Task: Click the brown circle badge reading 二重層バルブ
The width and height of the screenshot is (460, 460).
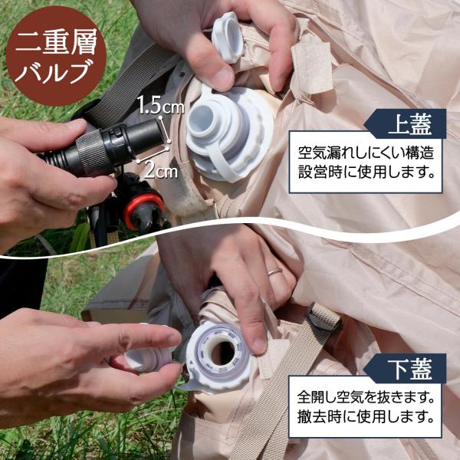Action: click(x=56, y=55)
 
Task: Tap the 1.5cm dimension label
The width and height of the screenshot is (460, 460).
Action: click(x=160, y=105)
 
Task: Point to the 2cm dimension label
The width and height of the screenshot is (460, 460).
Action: click(x=161, y=170)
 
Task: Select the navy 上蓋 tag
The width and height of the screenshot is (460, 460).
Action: click(x=406, y=123)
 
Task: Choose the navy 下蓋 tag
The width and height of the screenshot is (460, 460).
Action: click(x=406, y=369)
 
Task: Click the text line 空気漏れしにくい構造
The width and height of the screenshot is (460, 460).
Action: click(x=366, y=153)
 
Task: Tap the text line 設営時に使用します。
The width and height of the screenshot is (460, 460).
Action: click(x=366, y=172)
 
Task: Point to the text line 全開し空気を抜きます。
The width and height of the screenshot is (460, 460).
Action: click(x=366, y=397)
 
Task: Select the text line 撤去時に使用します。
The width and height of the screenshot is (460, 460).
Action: click(x=366, y=417)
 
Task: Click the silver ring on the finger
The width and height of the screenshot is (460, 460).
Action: click(x=274, y=271)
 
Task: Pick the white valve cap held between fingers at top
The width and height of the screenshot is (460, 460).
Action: click(x=228, y=38)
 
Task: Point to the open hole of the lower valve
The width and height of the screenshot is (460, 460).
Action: click(x=223, y=353)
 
